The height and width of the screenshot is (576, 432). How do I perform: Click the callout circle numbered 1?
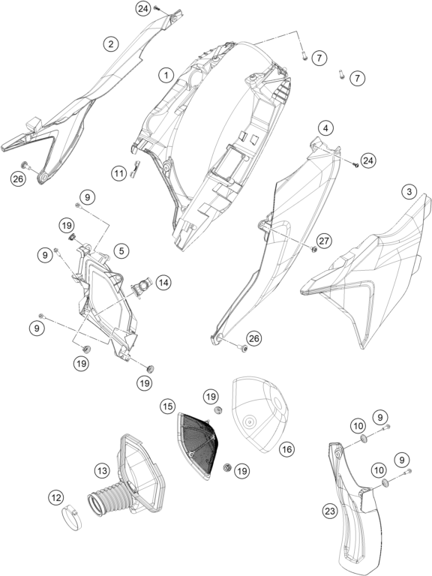[166, 76]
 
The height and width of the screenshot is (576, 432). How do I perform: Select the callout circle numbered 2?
[110, 44]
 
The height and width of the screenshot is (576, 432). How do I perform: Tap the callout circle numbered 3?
[409, 191]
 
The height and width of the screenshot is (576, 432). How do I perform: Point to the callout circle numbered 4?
[325, 128]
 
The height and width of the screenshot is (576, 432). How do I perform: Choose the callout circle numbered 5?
[121, 251]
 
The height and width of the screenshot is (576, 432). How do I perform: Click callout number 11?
[118, 172]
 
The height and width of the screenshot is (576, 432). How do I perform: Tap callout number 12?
[55, 498]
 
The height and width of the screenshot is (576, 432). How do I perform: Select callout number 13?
[102, 470]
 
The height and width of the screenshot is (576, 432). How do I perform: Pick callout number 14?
[163, 283]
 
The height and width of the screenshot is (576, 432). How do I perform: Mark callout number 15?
[167, 406]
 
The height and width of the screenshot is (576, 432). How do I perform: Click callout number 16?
[287, 448]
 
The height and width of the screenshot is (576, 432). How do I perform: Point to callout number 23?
[330, 511]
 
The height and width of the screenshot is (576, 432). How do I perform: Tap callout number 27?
[325, 241]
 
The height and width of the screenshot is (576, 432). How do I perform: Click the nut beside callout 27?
[314, 250]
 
